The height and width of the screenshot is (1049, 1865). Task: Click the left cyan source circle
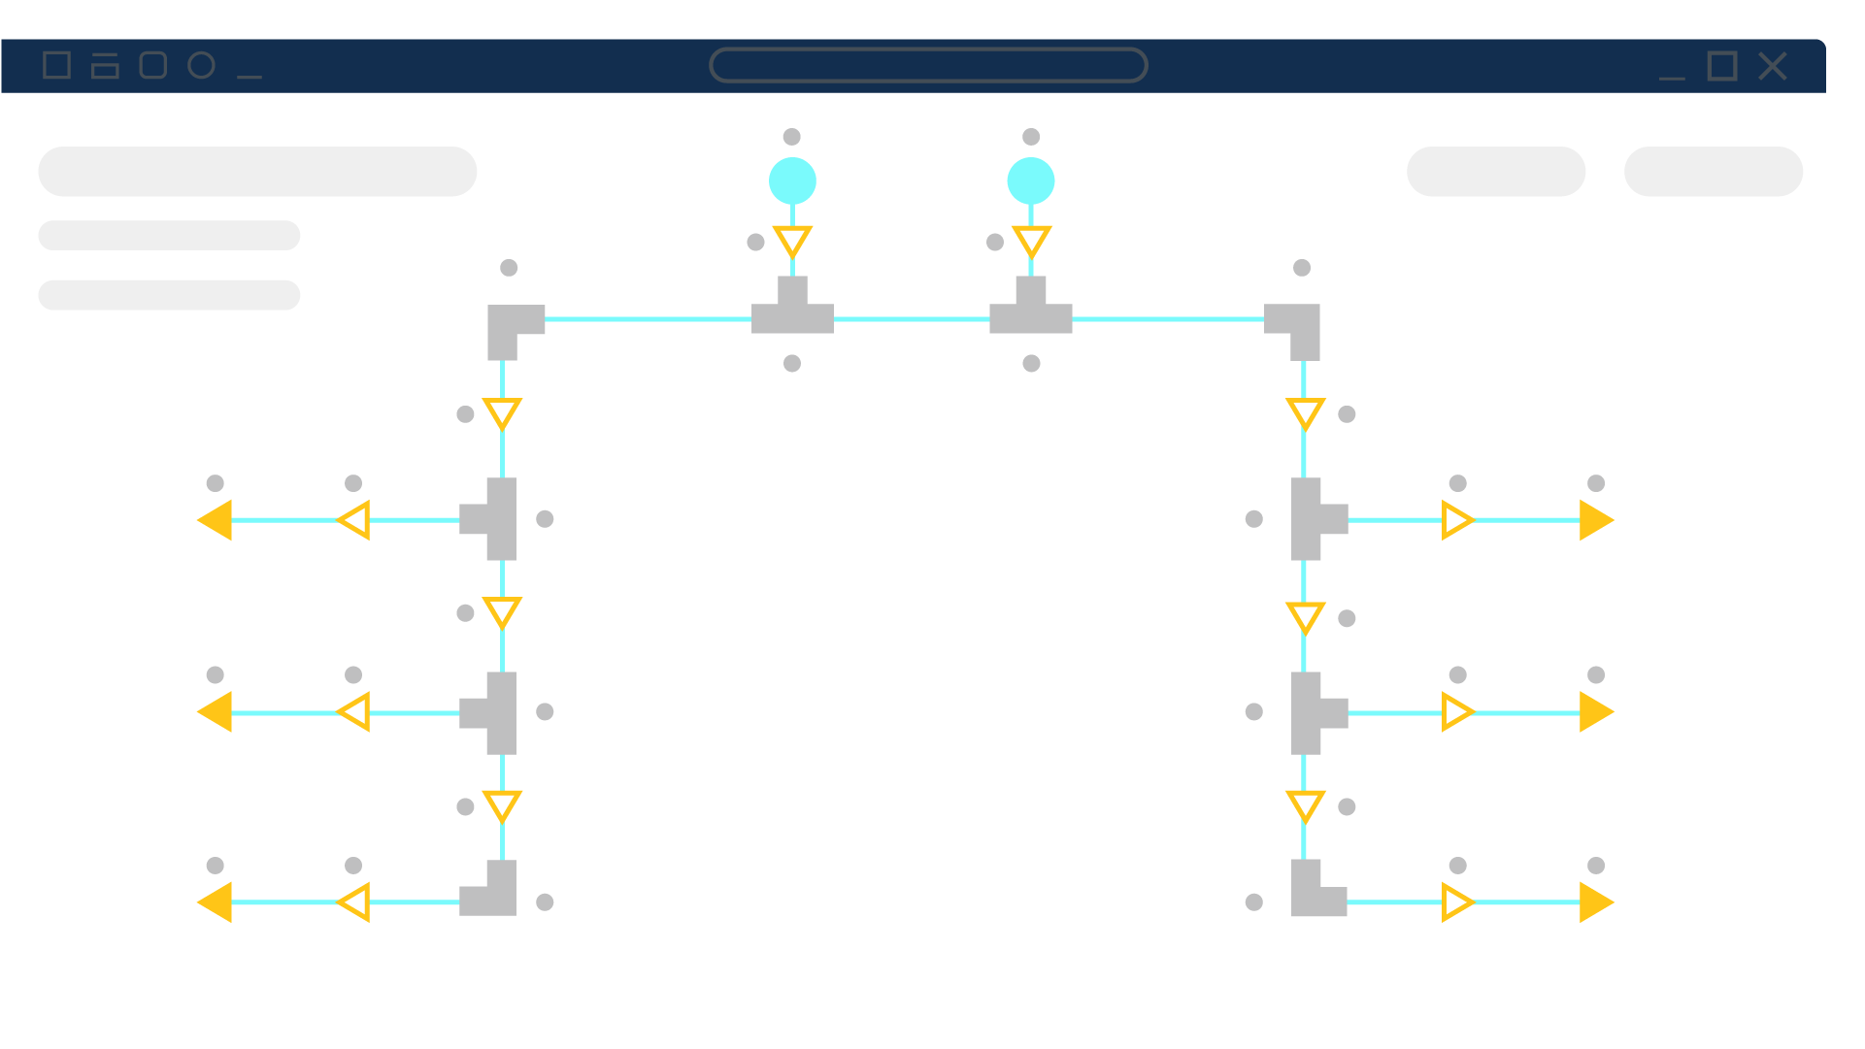point(792,181)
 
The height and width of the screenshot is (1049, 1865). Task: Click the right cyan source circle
point(1031,181)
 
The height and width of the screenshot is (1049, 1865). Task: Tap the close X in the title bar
point(1773,66)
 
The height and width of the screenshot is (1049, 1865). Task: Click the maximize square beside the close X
point(1722,66)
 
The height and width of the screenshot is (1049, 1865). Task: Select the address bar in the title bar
point(928,65)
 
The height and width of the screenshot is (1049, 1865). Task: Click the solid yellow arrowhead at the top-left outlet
point(216,520)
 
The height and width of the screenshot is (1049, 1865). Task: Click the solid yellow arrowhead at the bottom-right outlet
point(1594,902)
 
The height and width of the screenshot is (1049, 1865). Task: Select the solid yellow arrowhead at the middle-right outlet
point(1594,712)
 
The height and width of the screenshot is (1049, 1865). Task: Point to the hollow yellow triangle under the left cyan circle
point(792,241)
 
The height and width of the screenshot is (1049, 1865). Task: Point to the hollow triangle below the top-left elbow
point(502,412)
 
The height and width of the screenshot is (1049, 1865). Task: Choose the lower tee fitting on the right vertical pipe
point(1313,713)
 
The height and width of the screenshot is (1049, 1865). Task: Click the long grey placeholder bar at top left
point(257,172)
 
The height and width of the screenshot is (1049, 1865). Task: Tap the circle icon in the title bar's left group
point(201,65)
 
